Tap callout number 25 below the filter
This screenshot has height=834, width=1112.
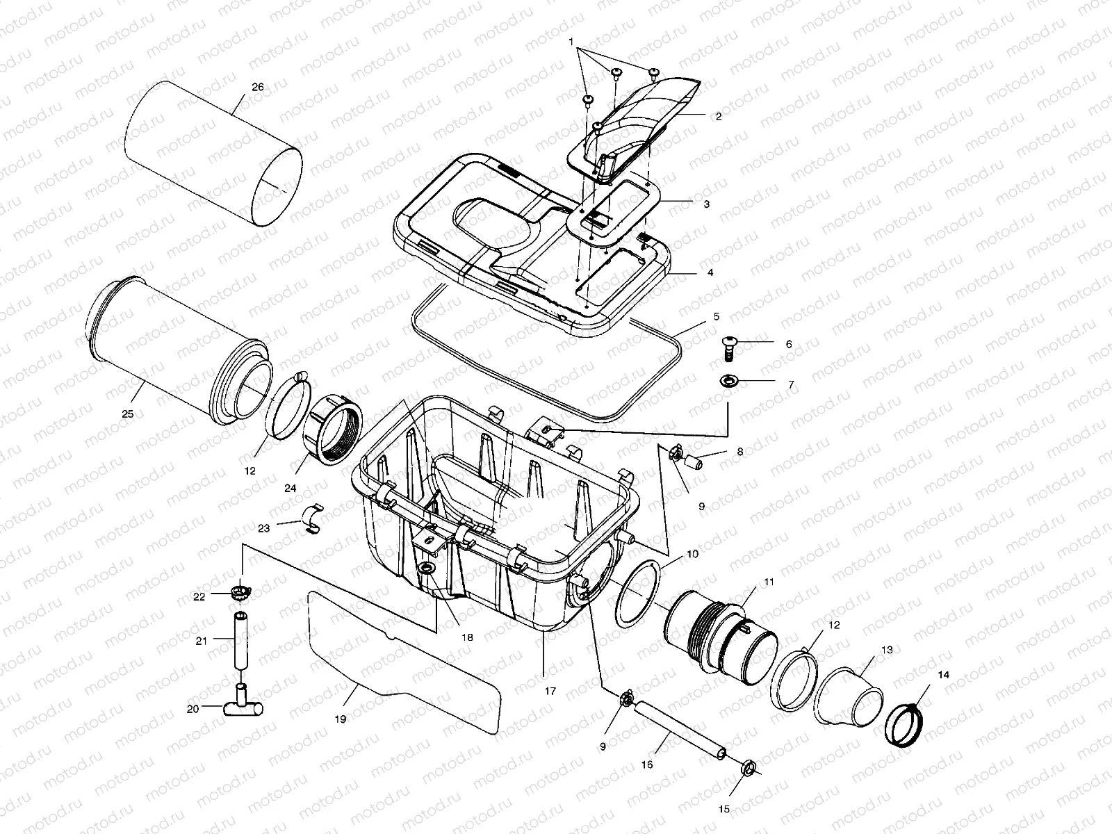127,413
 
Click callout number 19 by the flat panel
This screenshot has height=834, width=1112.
340,719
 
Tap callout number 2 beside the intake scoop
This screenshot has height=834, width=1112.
718,117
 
